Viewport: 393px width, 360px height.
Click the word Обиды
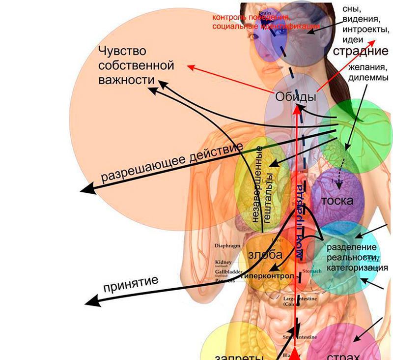295,97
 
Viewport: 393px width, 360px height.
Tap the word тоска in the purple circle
337,201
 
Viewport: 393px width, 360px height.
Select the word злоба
265,255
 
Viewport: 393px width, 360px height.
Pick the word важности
123,80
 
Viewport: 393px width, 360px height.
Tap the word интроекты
365,30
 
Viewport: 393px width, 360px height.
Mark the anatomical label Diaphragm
228,245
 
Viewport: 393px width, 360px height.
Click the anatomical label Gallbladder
229,272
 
